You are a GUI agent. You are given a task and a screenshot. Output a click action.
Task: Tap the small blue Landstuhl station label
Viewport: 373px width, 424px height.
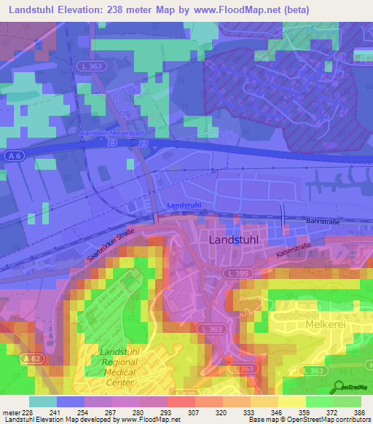tap(183, 205)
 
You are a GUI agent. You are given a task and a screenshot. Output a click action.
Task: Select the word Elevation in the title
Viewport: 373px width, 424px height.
tap(90, 10)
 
